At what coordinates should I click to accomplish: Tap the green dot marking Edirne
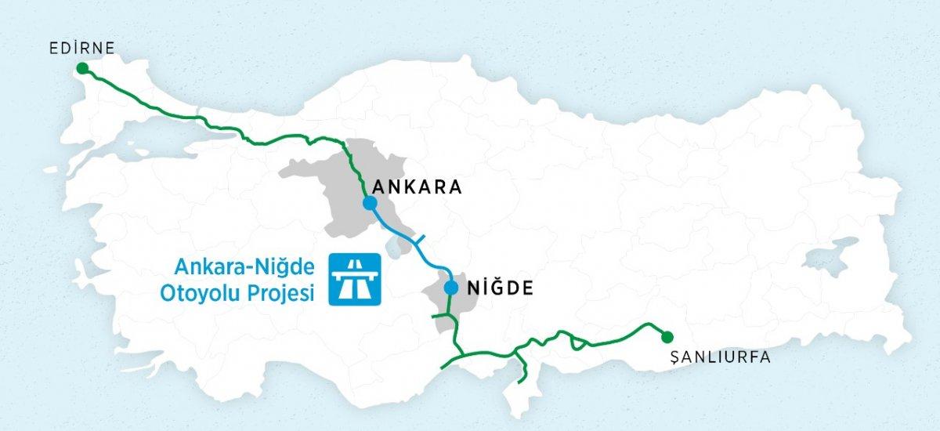tap(82, 69)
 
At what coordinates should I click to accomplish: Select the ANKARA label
tap(418, 188)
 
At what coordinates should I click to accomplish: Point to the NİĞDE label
tap(499, 288)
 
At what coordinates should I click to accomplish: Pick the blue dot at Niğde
tap(450, 288)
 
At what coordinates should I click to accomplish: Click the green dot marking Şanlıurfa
tap(666, 337)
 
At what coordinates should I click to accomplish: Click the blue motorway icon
tap(355, 278)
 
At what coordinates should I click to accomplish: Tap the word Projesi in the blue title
tap(280, 293)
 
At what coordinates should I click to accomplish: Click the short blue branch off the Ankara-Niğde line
tap(419, 239)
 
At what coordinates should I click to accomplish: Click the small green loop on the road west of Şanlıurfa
tap(578, 342)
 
